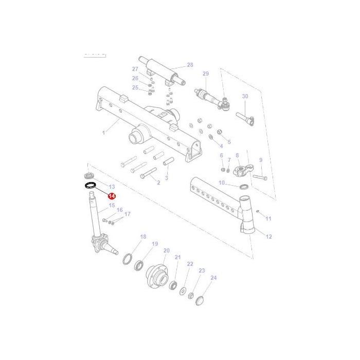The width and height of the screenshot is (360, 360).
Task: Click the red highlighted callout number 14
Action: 112,196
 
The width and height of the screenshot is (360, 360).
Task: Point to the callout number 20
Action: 166,250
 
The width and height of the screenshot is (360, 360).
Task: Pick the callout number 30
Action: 245,97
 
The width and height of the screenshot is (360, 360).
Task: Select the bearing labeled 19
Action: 139,266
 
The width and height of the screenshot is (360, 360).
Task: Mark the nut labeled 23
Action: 190,296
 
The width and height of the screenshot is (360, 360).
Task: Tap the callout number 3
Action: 166,177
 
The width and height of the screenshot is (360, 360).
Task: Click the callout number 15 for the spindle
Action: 112,205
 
